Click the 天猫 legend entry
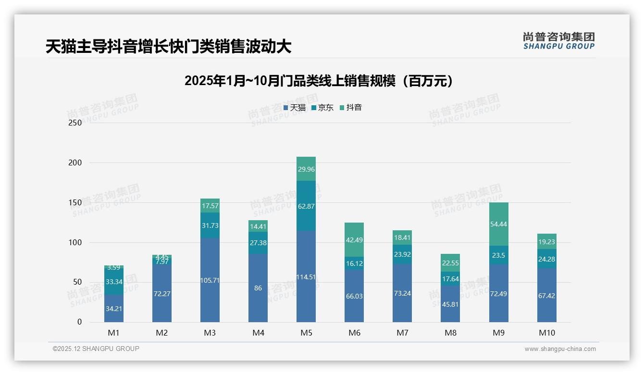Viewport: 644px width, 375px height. [x=295, y=108]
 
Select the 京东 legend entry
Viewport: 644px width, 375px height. [x=322, y=108]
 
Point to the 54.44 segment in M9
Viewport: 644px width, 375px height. [x=498, y=224]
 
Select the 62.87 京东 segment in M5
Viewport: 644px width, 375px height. [x=306, y=206]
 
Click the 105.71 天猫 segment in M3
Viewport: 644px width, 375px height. [x=210, y=280]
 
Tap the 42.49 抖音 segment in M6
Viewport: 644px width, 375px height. [x=354, y=239]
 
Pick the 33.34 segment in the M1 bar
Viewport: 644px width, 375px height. [x=114, y=282]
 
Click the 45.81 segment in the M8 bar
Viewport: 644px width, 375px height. [x=450, y=304]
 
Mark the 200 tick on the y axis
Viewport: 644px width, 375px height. [x=75, y=162]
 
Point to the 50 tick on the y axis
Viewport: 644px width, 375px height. [x=77, y=282]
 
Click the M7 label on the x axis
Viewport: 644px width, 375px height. [x=402, y=333]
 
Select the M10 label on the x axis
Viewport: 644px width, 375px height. [x=546, y=333]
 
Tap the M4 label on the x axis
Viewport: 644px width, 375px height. [x=258, y=333]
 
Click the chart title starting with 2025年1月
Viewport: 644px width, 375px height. [x=319, y=81]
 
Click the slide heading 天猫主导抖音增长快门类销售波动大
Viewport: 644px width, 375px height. [x=168, y=47]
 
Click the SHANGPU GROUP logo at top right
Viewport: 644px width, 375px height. [x=558, y=41]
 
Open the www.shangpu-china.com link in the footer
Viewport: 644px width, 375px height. [x=560, y=349]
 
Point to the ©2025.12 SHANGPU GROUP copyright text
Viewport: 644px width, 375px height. [x=96, y=349]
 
